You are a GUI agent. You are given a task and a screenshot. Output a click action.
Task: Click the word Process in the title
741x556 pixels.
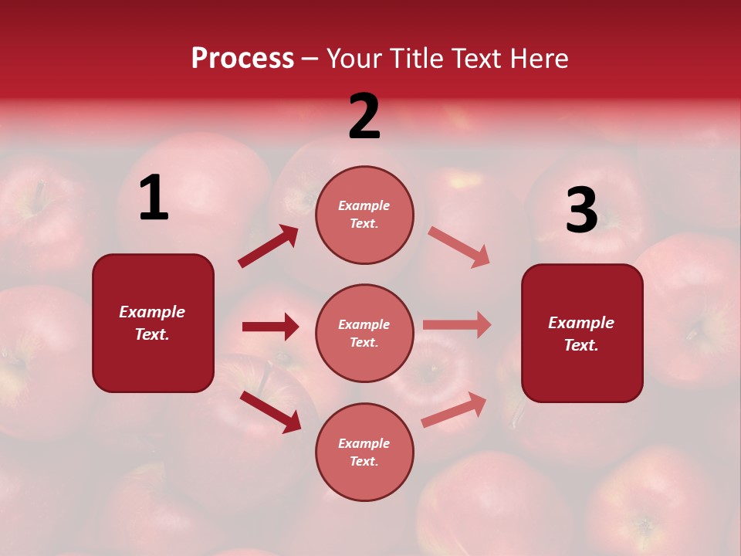tap(242, 58)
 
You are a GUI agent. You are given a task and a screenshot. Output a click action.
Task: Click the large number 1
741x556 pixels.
tap(153, 198)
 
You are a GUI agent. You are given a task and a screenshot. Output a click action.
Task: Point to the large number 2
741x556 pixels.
tap(364, 117)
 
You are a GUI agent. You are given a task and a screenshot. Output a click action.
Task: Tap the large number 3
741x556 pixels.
tap(581, 211)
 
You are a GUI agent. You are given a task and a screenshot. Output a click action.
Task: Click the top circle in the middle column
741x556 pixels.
tap(364, 215)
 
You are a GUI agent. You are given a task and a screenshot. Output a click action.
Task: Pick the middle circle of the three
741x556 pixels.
tap(364, 333)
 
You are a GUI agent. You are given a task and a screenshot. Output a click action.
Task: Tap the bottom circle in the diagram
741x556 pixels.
tap(364, 452)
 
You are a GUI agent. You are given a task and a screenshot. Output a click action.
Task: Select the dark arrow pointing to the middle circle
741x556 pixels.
tap(271, 327)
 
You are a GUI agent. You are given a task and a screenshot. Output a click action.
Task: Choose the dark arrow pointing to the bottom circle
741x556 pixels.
tap(271, 412)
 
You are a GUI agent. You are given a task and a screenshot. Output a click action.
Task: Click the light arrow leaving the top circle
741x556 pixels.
tap(459, 247)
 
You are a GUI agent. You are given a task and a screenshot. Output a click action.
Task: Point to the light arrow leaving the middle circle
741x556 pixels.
tap(457, 325)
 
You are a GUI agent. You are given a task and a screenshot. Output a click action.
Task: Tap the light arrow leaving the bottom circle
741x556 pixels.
tap(454, 409)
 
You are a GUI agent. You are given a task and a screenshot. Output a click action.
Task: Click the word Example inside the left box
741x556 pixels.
tap(152, 312)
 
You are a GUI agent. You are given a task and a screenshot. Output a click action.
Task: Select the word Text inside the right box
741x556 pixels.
tap(580, 345)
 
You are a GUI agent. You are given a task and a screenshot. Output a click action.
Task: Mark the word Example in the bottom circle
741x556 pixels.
tap(364, 443)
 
